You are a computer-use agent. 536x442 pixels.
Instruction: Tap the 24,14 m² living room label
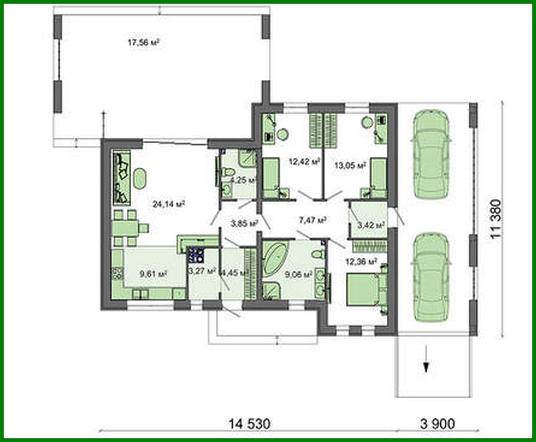[169, 204]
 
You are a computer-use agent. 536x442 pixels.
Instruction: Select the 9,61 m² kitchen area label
[153, 274]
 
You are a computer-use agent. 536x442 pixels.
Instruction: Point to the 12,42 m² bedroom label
[304, 162]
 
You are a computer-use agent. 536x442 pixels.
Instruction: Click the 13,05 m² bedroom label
[350, 165]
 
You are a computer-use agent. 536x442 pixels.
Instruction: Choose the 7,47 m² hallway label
[312, 220]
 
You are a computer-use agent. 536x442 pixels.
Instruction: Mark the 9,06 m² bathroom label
[298, 275]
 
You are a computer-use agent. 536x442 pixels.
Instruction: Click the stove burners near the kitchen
[196, 254]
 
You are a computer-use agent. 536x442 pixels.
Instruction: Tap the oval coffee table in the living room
[140, 179]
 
